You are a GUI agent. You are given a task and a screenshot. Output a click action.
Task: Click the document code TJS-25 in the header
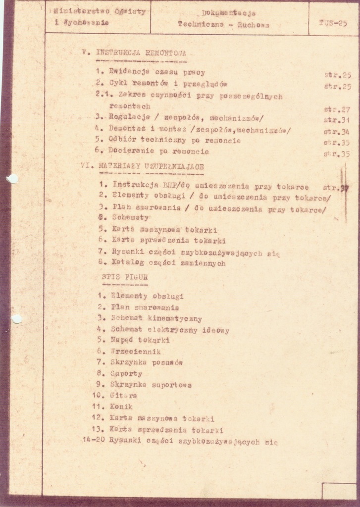pos(333,22)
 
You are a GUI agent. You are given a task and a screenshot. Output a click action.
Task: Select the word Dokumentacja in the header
pos(228,13)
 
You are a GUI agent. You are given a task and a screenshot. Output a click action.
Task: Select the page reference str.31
pos(337,120)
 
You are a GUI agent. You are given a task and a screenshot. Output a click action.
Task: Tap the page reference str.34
pos(337,132)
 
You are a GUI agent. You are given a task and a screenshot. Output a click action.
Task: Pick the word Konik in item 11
pos(121,406)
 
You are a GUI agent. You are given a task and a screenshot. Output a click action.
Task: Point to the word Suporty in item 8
pos(126,373)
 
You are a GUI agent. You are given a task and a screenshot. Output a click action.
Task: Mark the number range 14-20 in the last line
pos(93,439)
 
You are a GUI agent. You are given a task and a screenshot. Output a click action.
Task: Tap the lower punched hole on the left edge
pos(16,319)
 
